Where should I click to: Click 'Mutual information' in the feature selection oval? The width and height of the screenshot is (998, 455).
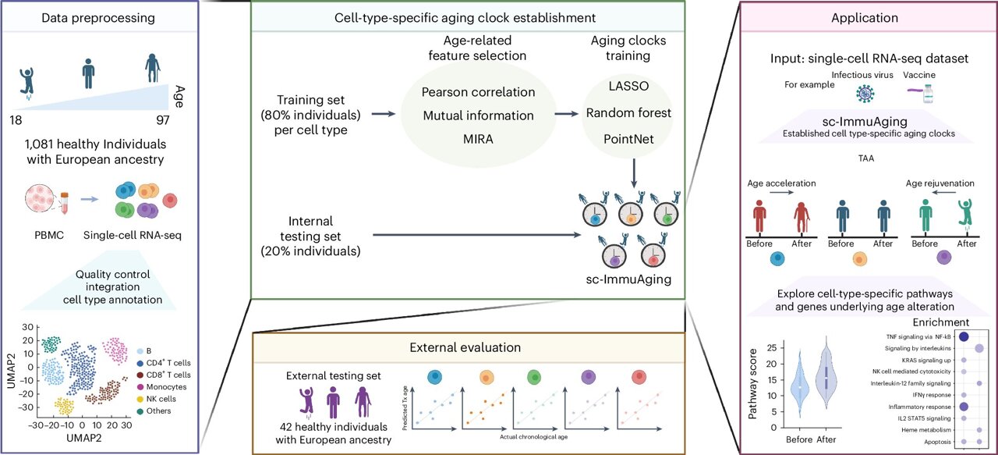coord(478,116)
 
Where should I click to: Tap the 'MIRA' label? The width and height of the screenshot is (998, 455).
coord(478,140)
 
